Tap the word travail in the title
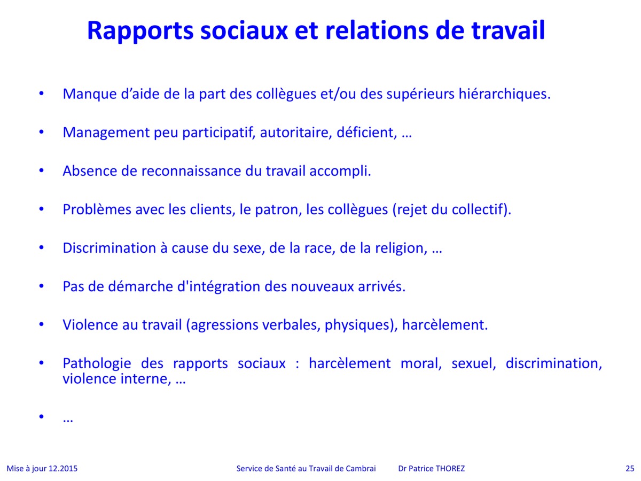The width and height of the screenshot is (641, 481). pos(508,30)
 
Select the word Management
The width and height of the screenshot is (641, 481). pos(106,133)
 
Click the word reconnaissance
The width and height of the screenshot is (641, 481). pos(191,171)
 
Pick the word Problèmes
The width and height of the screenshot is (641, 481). pos(97,210)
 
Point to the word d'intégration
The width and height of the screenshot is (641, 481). pos(219,287)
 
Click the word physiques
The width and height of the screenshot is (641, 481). pos(361,325)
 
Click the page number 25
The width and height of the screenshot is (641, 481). pos(630,469)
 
